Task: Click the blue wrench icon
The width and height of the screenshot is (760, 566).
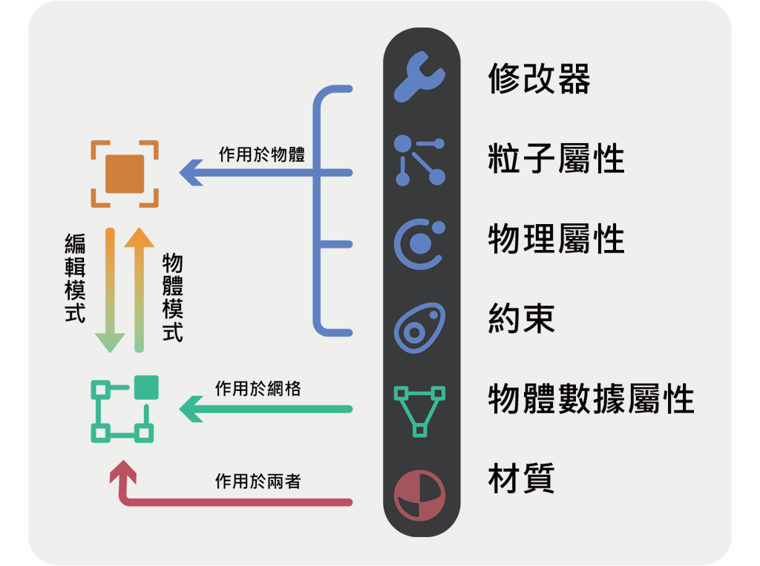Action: (x=420, y=77)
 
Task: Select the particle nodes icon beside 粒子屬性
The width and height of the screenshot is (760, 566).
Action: (x=419, y=159)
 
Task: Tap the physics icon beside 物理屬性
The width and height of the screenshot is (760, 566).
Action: (x=419, y=242)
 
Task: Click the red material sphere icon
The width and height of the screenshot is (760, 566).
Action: (x=419, y=494)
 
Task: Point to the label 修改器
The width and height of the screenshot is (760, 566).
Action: (x=539, y=78)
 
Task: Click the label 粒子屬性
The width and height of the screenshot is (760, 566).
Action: (x=556, y=158)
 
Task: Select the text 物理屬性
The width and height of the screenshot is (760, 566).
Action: (x=556, y=239)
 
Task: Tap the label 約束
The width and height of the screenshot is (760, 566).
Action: (x=522, y=319)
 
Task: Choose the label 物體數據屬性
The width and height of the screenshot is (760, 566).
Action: (x=591, y=400)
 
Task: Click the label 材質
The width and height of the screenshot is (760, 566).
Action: (x=522, y=478)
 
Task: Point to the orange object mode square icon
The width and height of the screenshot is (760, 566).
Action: (x=125, y=174)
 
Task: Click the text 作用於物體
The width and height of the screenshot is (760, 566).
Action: (x=261, y=154)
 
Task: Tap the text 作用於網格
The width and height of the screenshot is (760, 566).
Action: (x=258, y=388)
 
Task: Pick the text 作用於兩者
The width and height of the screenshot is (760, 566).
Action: (x=258, y=481)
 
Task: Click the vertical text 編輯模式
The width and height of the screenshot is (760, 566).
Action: (x=75, y=277)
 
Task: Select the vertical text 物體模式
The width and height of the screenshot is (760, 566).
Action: (x=172, y=297)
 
